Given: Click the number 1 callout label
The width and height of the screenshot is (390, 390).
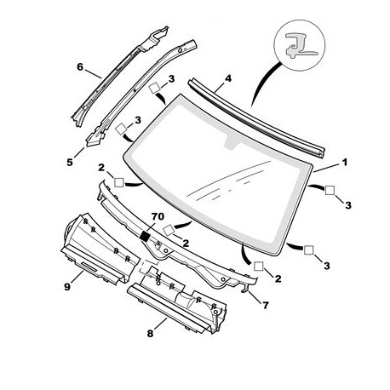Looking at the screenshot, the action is (344, 163).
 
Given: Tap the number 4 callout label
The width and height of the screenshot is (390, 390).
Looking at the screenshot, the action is (228, 78).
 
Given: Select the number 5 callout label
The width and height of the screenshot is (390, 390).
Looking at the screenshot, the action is (70, 163).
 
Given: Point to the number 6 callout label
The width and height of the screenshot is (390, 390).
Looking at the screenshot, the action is (80, 67).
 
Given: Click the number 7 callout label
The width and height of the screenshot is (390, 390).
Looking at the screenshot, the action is (266, 306).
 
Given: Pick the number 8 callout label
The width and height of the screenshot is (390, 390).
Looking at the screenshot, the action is (150, 333).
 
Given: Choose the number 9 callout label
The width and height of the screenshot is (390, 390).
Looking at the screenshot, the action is (67, 287).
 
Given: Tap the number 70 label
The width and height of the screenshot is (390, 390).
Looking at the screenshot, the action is (158, 216).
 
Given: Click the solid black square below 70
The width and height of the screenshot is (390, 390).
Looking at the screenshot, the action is (146, 236).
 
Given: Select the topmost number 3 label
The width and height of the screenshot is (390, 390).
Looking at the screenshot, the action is (171, 79).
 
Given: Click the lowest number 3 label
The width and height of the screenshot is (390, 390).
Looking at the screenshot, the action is (327, 266).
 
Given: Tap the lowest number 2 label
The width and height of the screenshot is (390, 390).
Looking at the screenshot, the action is (278, 278).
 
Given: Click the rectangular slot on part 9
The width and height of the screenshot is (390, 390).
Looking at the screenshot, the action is (89, 267).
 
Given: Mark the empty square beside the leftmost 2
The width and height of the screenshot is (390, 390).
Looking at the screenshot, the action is (119, 182).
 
